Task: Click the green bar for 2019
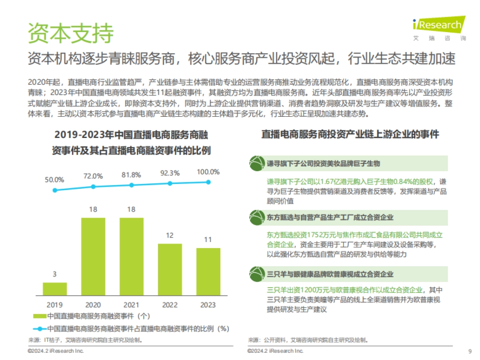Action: click(x=55, y=289)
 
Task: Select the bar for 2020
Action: click(x=93, y=256)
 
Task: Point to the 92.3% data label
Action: click(x=170, y=174)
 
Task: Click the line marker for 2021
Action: click(x=132, y=185)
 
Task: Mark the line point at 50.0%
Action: click(x=55, y=190)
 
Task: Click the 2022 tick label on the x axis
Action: click(x=170, y=305)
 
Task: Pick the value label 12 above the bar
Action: click(x=170, y=236)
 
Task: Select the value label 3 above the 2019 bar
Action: click(x=55, y=274)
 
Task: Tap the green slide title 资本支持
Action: click(x=70, y=33)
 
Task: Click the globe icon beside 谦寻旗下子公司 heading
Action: click(x=256, y=164)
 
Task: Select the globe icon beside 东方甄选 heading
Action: click(x=256, y=218)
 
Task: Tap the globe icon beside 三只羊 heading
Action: click(x=256, y=274)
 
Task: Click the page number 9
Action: click(x=470, y=351)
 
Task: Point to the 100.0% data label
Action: click(x=208, y=172)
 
